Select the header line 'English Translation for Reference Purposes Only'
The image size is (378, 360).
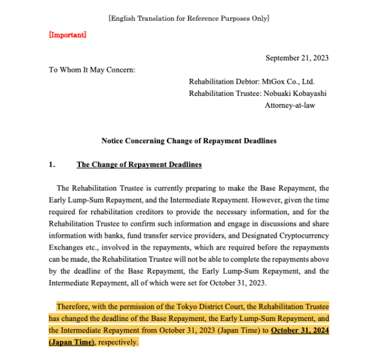coord(188,19)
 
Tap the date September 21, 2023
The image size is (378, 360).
coord(297,58)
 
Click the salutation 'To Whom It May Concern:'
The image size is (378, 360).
coord(92,69)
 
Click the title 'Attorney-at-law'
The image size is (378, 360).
coord(290,105)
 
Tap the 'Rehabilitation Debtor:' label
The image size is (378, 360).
coord(224,81)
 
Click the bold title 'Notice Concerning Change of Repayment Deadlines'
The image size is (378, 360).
coord(188,141)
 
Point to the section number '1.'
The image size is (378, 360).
coord(53,165)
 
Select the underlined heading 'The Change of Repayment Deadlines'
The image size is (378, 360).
coord(139,165)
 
